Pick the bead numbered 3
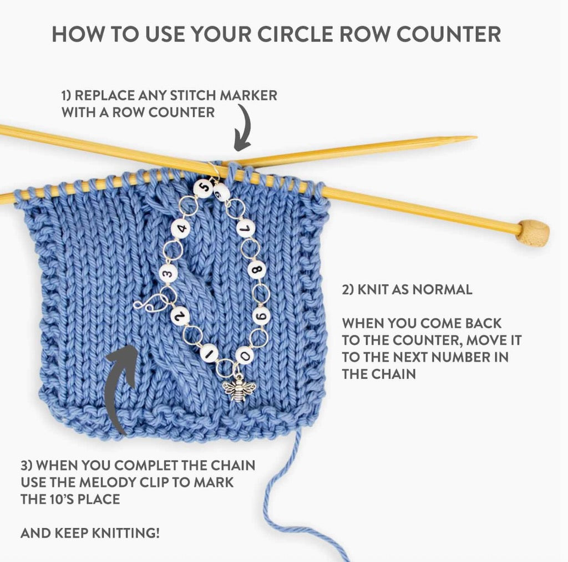168,272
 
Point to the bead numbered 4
181,227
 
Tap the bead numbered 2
181,315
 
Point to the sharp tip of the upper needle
471,137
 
